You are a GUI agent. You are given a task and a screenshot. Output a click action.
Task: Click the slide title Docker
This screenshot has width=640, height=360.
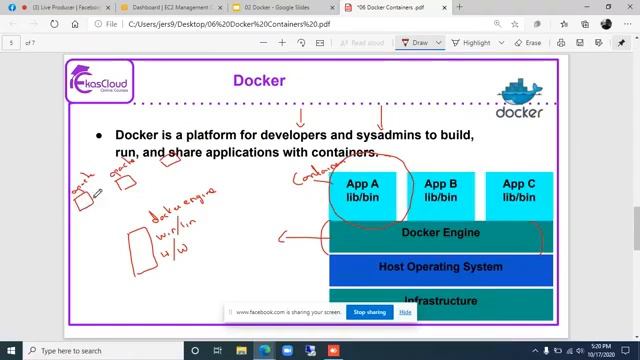point(259,80)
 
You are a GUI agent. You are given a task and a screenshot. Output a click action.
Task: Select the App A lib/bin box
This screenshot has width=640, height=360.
point(362,190)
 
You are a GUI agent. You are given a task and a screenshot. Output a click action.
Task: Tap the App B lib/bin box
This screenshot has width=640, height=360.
point(440,190)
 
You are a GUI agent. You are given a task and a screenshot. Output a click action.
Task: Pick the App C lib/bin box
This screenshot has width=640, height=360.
point(518,190)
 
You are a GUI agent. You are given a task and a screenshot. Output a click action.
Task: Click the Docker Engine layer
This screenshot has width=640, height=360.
point(440,233)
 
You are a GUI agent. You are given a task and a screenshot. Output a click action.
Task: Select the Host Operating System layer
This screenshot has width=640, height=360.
point(440,267)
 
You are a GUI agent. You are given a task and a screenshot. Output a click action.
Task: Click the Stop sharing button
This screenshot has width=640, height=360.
point(369,312)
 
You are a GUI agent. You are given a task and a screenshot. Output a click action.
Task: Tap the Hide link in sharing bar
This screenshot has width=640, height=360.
point(405,312)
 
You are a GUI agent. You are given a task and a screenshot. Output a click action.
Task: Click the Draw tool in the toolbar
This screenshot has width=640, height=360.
point(414,43)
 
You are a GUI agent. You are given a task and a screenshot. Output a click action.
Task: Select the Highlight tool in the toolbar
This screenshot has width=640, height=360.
point(471,43)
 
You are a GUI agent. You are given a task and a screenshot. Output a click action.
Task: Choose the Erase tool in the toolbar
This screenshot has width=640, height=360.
point(527,43)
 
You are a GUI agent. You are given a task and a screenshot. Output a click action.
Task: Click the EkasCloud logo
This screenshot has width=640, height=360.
point(100,80)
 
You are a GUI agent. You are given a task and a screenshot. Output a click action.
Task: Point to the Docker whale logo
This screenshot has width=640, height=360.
point(520,95)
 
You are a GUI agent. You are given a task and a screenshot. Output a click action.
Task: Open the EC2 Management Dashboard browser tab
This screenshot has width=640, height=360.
point(160,8)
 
